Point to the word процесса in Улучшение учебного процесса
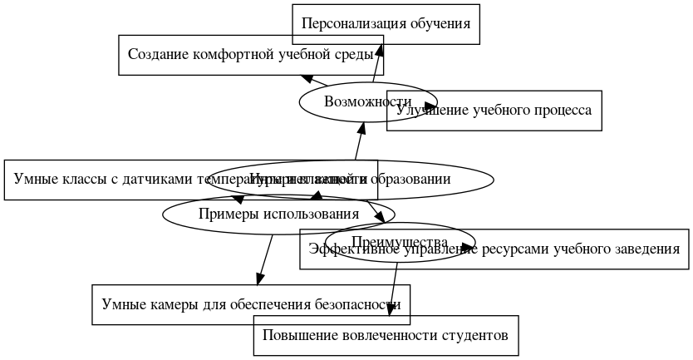pyautogui.click(x=561, y=111)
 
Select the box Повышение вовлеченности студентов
pyautogui.click(x=386, y=336)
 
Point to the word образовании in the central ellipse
pyautogui.click(x=413, y=179)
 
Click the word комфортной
pyautogui.click(x=234, y=55)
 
